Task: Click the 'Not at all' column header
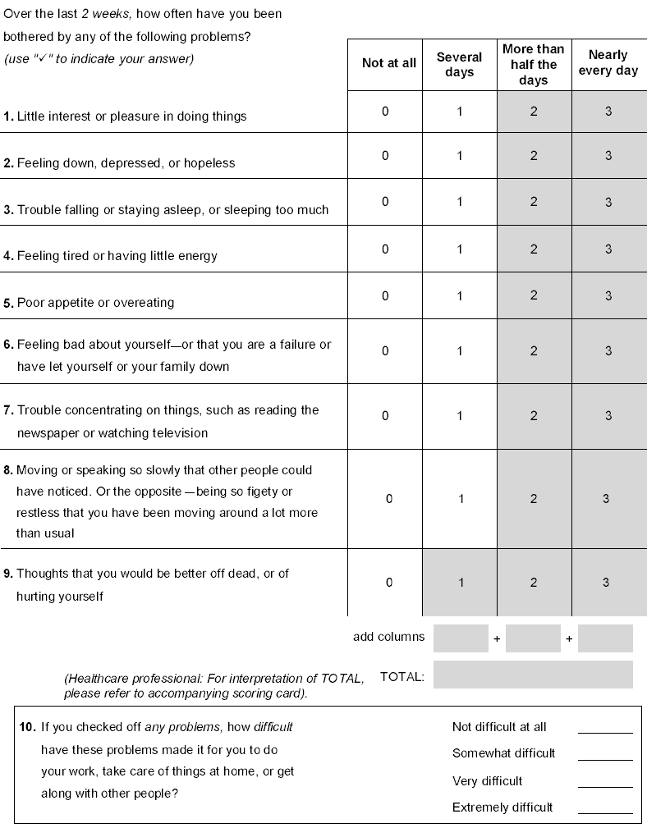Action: [x=389, y=63]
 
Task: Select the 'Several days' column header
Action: [x=459, y=64]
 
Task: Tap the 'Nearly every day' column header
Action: [x=608, y=62]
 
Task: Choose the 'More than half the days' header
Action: [x=534, y=65]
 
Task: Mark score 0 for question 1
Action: [x=385, y=111]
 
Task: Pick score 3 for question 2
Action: [x=608, y=156]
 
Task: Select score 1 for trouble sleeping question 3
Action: [x=460, y=202]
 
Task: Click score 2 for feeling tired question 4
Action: [x=534, y=249]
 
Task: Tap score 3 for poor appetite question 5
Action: [x=608, y=295]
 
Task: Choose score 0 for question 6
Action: [x=385, y=350]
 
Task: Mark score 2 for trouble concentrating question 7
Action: [x=534, y=416]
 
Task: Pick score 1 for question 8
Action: [x=461, y=499]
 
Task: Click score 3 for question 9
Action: [x=606, y=583]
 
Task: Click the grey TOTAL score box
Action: [x=533, y=675]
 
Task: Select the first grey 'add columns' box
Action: [x=461, y=638]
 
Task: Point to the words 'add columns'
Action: [x=389, y=637]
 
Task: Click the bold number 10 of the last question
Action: [x=26, y=728]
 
